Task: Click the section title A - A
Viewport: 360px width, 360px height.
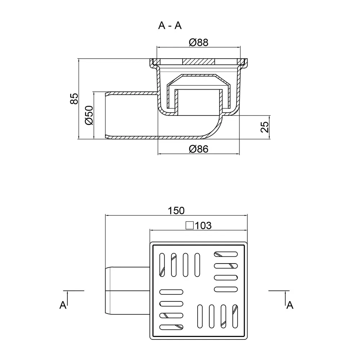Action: coord(170,25)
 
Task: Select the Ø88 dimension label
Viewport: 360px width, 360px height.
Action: coord(199,42)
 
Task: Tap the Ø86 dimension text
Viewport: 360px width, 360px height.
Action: coord(199,149)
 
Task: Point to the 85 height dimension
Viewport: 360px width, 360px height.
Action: coord(74,99)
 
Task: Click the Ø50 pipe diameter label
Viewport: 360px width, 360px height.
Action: coord(89,115)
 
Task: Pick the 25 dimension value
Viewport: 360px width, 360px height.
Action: coord(265,127)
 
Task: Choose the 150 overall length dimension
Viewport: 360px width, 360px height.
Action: coord(176,211)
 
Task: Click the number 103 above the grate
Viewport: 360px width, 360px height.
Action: coord(203,225)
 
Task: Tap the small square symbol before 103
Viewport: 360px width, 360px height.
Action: coord(190,225)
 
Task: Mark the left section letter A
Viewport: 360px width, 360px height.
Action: coord(63,305)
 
